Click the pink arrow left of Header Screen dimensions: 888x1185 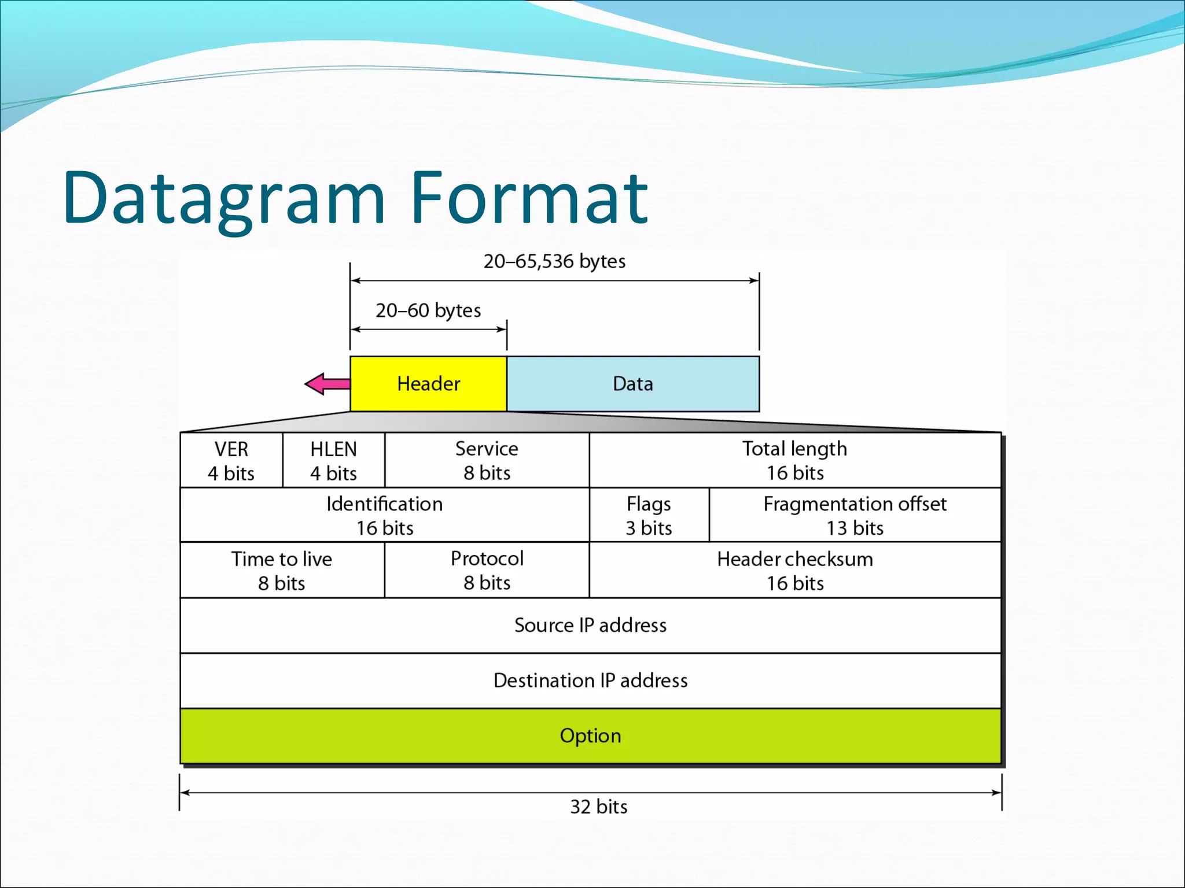pos(327,384)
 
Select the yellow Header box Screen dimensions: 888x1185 pos(428,384)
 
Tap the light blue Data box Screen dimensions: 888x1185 pos(633,384)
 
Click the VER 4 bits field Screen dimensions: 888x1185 pos(231,461)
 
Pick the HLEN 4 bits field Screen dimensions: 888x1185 pos(334,461)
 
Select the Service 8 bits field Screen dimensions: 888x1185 pos(487,461)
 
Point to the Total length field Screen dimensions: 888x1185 pos(795,461)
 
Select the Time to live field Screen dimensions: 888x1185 pos(282,571)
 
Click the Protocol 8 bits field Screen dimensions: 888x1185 pos(487,571)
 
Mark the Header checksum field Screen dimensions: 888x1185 pos(795,571)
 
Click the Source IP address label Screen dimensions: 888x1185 pos(590,625)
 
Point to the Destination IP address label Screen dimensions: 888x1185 pos(590,680)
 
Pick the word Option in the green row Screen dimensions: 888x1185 pos(590,735)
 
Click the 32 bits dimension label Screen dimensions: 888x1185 pos(599,806)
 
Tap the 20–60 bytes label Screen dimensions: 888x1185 pos(428,310)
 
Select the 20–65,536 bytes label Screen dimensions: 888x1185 pos(554,261)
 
